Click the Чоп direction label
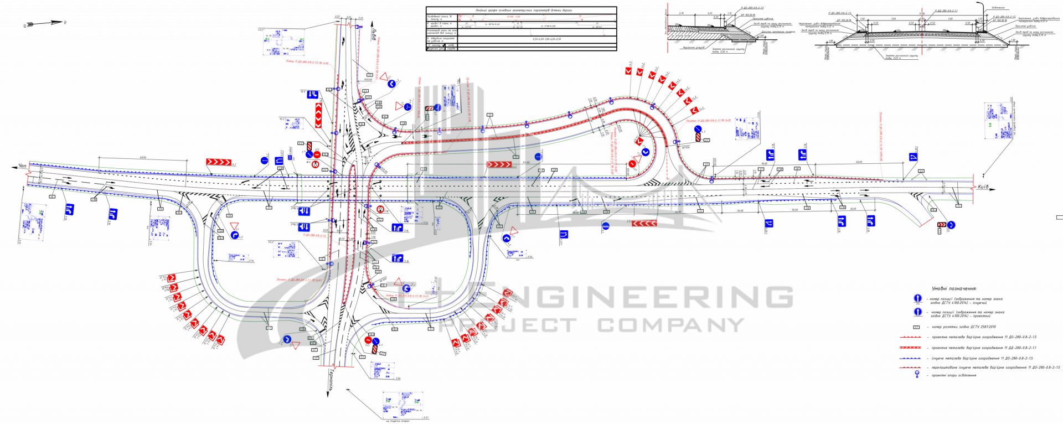[22, 166]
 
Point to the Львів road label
[374, 36]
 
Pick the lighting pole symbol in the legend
[917, 375]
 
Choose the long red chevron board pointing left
[644, 224]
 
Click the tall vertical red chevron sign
[318, 115]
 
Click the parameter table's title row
[520, 10]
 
